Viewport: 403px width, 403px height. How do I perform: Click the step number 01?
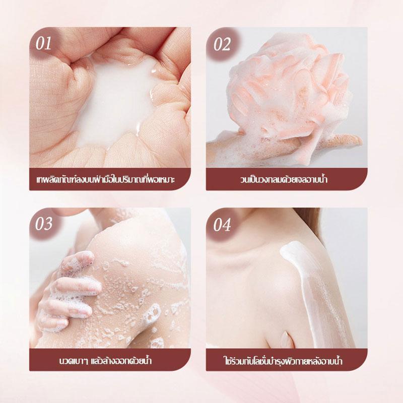click(x=43, y=43)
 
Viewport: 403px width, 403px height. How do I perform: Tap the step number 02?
click(x=222, y=44)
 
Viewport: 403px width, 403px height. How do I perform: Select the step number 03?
click(x=44, y=224)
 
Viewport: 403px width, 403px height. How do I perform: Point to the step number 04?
click(x=222, y=225)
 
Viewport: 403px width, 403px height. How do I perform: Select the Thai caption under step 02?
click(x=284, y=179)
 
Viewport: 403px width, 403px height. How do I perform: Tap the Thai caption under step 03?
click(x=105, y=360)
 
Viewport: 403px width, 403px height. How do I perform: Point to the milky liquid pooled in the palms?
click(x=116, y=103)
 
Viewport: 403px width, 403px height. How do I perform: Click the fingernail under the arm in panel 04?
click(x=286, y=339)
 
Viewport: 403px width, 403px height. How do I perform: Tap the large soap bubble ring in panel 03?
click(x=153, y=313)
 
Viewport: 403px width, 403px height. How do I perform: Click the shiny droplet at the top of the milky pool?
click(x=154, y=70)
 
